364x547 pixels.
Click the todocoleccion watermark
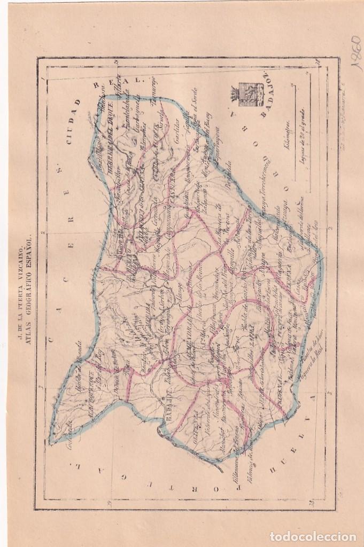click(312, 535)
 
